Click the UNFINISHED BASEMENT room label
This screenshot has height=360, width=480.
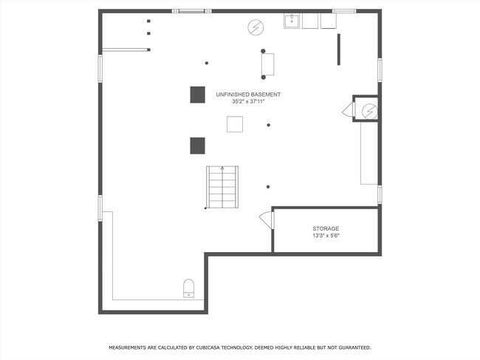pyautogui.click(x=248, y=95)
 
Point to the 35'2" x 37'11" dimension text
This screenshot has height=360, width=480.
pyautogui.click(x=248, y=102)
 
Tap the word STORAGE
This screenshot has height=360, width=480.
pyautogui.click(x=326, y=228)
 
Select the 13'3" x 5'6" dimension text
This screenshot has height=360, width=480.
pyautogui.click(x=326, y=236)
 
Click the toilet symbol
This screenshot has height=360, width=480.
pyautogui.click(x=188, y=288)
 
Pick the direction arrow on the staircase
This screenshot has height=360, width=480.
pyautogui.click(x=222, y=168)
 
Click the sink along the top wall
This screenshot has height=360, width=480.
pyautogui.click(x=292, y=21)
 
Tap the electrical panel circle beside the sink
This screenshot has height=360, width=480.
pyautogui.click(x=256, y=27)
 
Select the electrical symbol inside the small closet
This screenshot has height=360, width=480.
pyautogui.click(x=369, y=112)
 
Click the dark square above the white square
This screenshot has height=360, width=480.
pyautogui.click(x=198, y=95)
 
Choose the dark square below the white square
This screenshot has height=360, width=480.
pyautogui.click(x=198, y=146)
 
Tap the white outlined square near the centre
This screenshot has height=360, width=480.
pyautogui.click(x=235, y=124)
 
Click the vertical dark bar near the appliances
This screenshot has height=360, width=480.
pyautogui.click(x=338, y=50)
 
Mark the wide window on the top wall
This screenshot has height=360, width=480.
pyautogui.click(x=192, y=11)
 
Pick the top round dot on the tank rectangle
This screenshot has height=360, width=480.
pyautogui.click(x=263, y=51)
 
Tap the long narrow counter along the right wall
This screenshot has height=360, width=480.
pyautogui.click(x=369, y=154)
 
